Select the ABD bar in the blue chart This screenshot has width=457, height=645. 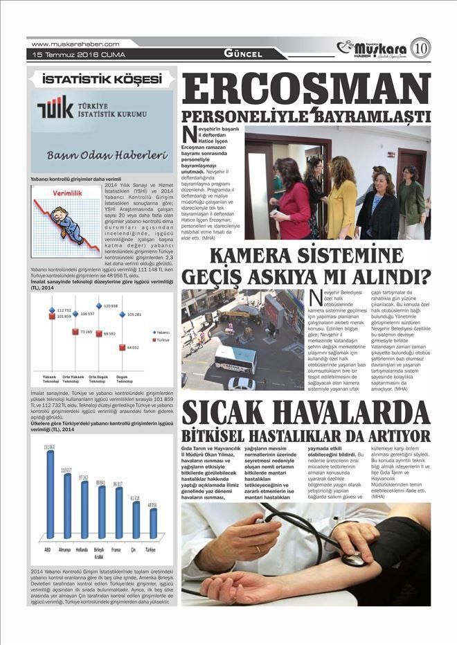click(50, 495)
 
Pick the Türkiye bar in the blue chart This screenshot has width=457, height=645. click(153, 524)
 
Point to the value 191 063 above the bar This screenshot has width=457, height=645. click(50, 448)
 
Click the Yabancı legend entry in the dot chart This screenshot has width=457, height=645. click(161, 333)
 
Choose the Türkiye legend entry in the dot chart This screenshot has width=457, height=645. click(161, 340)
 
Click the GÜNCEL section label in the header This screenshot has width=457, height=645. click(243, 54)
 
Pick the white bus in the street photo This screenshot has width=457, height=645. click(235, 359)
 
